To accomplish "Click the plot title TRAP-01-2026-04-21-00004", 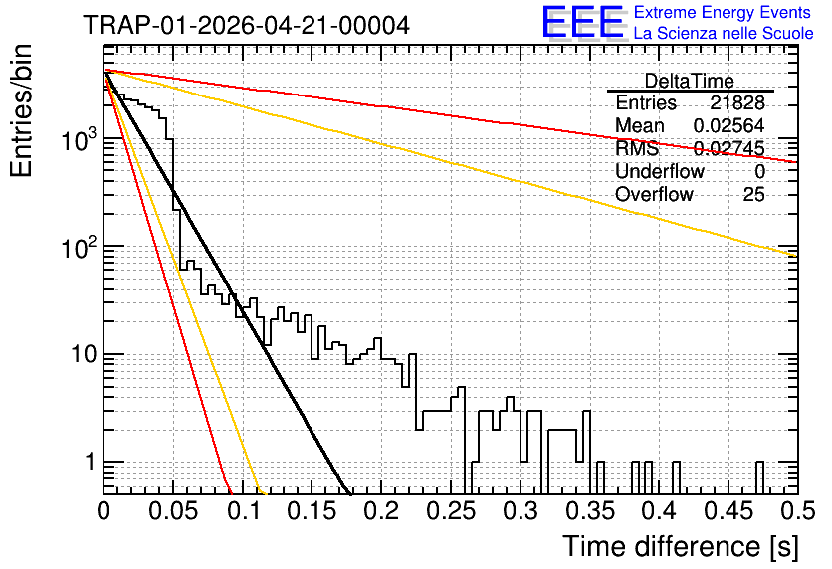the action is (247, 25).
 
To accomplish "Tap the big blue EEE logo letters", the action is (583, 22).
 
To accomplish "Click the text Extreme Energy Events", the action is (723, 12).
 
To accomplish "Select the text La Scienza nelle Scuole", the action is (724, 33).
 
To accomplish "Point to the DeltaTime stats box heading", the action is (690, 81).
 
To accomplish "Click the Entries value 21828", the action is (737, 102).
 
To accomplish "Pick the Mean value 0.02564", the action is (729, 125).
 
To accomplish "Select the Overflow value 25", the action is (753, 195).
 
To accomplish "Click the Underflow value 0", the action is (759, 172).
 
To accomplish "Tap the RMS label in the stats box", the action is (637, 148).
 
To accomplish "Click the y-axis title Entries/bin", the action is (21, 110).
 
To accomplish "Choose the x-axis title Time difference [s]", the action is (681, 546).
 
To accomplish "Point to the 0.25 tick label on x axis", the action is (451, 511).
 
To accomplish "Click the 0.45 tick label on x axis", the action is (728, 511).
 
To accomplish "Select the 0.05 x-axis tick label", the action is (173, 511).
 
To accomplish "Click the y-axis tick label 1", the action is (91, 462).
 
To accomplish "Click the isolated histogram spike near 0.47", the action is (759, 477).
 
